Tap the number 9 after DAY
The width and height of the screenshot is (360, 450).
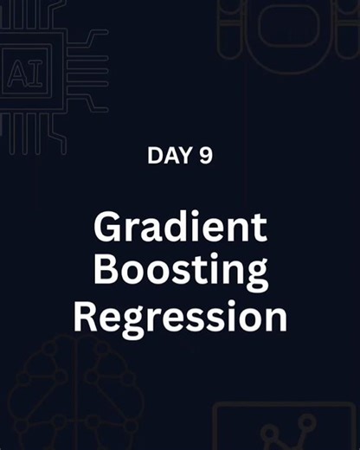coord(206,156)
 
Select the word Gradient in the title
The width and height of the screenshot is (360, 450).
coord(179,229)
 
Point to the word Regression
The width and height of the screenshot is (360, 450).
coord(179,318)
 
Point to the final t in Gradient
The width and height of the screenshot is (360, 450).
coord(260,229)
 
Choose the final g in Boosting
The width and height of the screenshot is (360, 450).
coord(254,275)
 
